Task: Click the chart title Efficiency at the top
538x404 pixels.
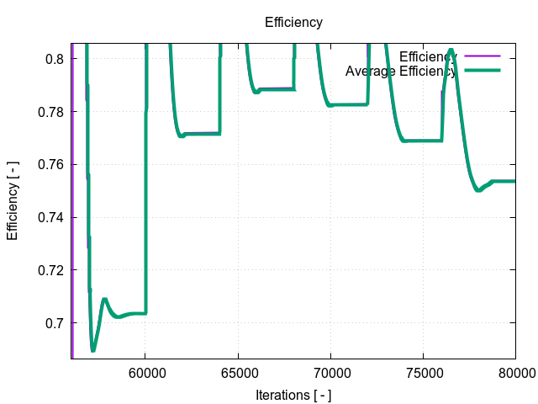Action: (x=293, y=23)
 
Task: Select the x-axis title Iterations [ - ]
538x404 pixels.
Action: (x=293, y=394)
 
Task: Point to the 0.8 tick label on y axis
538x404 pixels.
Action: (x=55, y=59)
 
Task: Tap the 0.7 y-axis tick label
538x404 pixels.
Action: (x=55, y=323)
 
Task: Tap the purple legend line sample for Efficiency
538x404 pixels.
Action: (x=482, y=56)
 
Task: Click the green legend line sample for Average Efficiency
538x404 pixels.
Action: (x=482, y=71)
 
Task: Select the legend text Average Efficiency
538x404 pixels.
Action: (x=400, y=71)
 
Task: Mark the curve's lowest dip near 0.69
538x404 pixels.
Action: (x=93, y=349)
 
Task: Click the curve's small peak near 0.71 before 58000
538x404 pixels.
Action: (x=104, y=300)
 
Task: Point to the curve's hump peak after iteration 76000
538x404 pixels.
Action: (x=451, y=50)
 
